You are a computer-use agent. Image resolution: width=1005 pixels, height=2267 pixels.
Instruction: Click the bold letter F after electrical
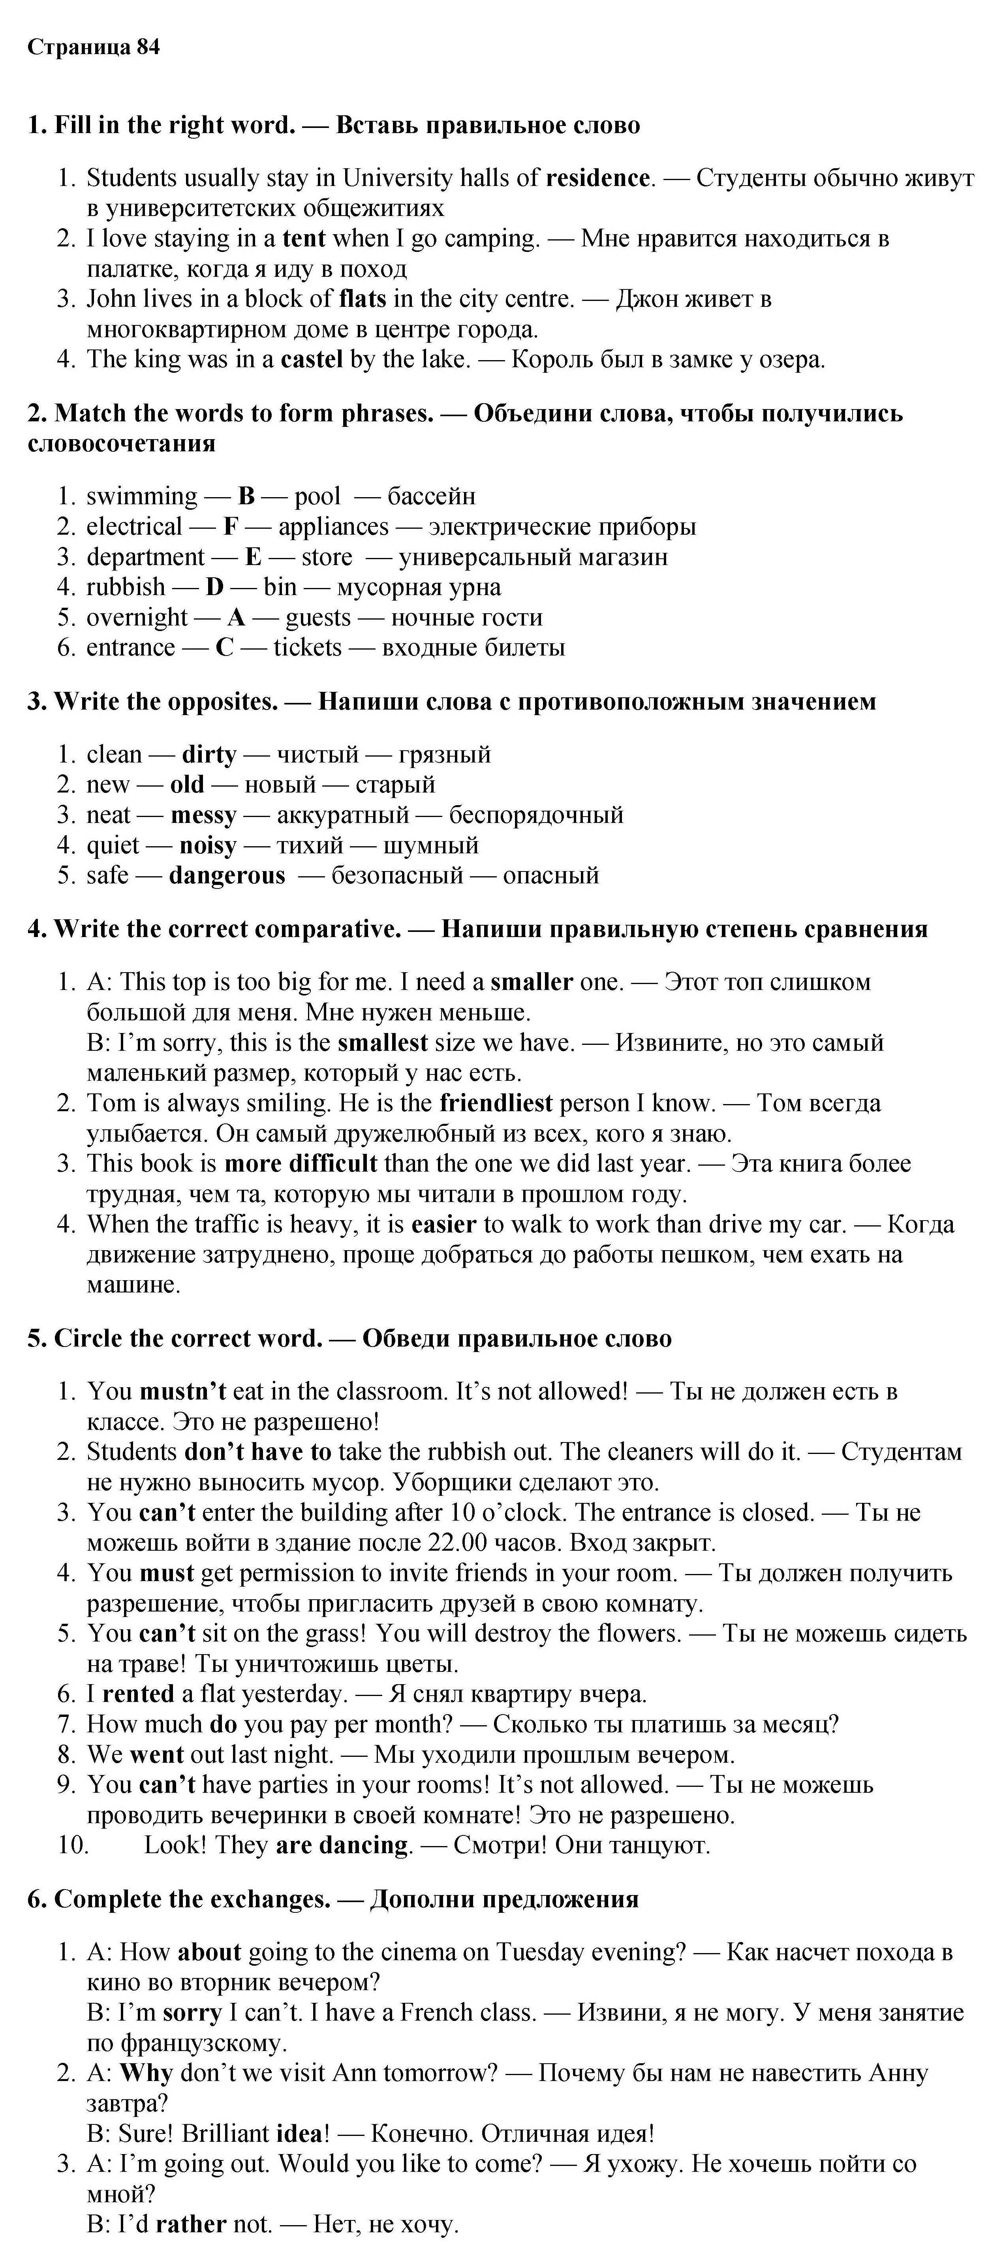pos(231,526)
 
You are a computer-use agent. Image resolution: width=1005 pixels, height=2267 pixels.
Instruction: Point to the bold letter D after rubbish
pos(215,587)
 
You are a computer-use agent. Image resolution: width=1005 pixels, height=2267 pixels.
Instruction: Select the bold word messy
pos(203,815)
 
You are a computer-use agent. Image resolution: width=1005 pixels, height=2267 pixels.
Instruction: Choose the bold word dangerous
pos(227,876)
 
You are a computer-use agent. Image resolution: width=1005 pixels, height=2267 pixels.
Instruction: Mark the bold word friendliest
pos(496,1103)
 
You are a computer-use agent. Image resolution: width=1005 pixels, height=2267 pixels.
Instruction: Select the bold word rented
pos(138,1694)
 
